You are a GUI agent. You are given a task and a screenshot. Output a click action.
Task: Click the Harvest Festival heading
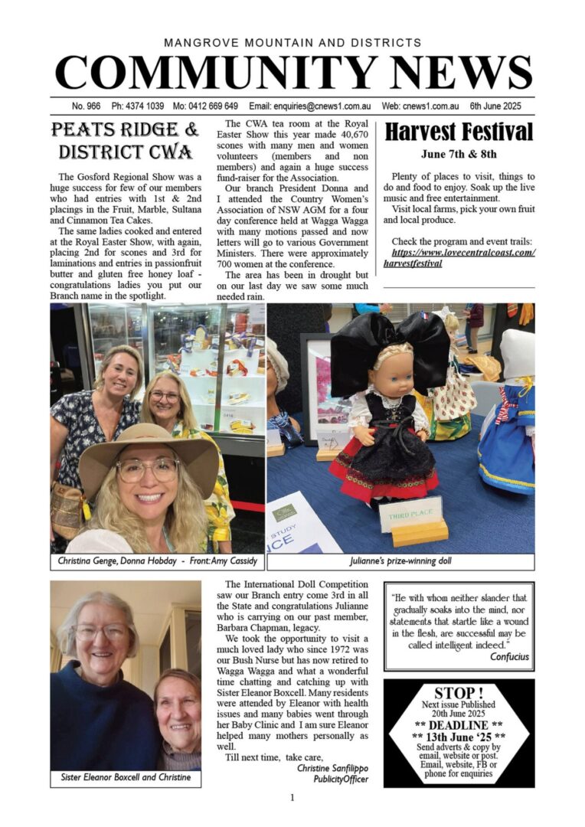click(458, 132)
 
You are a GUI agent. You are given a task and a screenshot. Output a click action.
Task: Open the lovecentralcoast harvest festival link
click(463, 257)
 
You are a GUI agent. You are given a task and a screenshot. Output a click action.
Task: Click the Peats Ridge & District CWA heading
click(125, 140)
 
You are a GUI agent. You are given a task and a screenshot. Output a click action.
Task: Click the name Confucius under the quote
click(503, 656)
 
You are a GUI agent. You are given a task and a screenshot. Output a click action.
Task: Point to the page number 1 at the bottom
click(292, 798)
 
